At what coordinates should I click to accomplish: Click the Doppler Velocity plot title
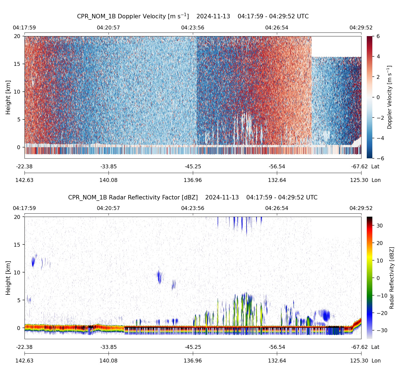[193, 16]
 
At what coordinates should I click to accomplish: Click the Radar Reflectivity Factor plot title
[193, 197]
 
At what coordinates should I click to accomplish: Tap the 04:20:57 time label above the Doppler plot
[109, 28]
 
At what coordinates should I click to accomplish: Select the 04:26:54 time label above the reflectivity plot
[277, 208]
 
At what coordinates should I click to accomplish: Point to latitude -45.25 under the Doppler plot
[193, 167]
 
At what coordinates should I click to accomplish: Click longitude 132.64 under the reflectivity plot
[277, 361]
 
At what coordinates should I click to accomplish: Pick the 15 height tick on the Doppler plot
[17, 64]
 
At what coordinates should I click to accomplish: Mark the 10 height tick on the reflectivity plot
[17, 272]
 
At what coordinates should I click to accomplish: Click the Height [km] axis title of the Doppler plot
[8, 97]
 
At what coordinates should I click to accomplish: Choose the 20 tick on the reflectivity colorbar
[380, 243]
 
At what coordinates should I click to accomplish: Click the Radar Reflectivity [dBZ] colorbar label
[392, 278]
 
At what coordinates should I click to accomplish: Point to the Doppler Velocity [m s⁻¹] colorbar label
[390, 97]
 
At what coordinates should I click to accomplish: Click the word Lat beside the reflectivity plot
[375, 347]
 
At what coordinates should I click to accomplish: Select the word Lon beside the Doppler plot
[376, 180]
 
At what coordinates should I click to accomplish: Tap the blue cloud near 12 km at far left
[33, 261]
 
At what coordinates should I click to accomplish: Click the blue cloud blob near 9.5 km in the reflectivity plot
[159, 277]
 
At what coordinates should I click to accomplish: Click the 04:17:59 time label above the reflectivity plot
[24, 208]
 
